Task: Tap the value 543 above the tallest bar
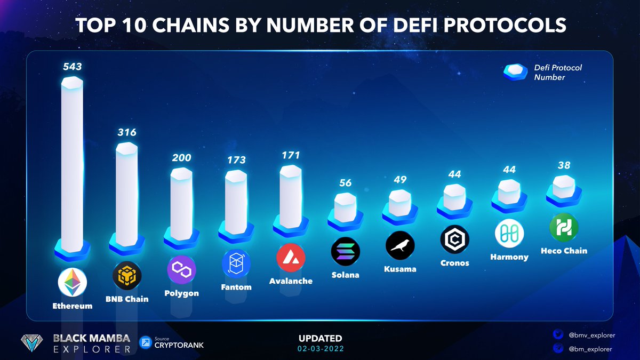[x=72, y=67]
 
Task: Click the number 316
[x=127, y=132]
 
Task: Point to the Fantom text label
[x=236, y=287]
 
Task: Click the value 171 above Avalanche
[x=291, y=155]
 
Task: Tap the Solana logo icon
[x=346, y=252]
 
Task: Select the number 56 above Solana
[x=346, y=183]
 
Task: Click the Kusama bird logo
[x=400, y=246]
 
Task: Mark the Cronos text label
[x=454, y=263]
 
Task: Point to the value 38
[x=564, y=165]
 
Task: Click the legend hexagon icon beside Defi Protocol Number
[x=516, y=73]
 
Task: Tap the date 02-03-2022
[x=321, y=349]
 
